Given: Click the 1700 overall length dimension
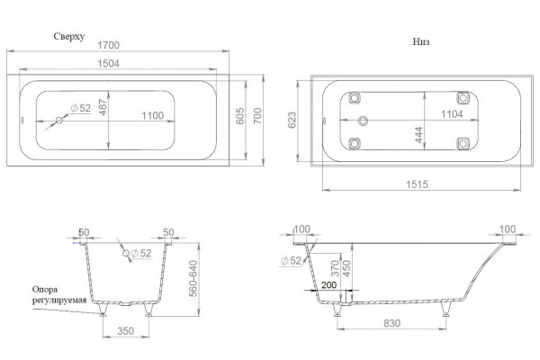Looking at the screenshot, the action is (109, 45).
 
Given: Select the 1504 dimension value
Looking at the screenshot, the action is (109, 63).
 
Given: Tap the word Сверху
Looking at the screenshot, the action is (69, 37).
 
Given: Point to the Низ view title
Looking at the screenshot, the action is (421, 41).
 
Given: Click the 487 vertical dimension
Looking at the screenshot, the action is (103, 107).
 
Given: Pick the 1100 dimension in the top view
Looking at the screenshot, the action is (153, 115).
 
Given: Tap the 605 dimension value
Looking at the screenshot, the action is (240, 116).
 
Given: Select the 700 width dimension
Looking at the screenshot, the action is (257, 116).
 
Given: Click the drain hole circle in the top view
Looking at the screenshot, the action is (59, 121).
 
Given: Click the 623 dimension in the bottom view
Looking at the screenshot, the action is (292, 120).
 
